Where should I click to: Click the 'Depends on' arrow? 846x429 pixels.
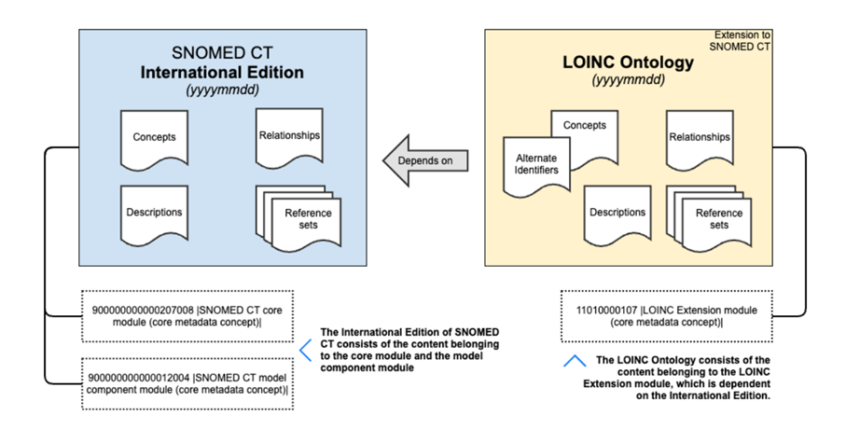tap(425, 160)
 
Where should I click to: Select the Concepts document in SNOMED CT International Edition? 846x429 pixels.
tap(154, 140)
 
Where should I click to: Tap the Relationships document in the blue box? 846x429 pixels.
tap(289, 138)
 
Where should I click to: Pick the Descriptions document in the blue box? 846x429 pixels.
tap(154, 215)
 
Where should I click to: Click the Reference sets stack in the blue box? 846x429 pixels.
tap(298, 218)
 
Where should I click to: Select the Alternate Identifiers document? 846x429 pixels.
tap(536, 167)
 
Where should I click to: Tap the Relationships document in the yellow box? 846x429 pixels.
tap(700, 140)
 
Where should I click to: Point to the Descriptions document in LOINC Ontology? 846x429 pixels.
tap(617, 215)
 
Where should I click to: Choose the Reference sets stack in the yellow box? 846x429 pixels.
tap(709, 218)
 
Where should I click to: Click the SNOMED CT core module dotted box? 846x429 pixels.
tap(187, 316)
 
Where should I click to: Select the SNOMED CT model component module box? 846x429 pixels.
tap(187, 383)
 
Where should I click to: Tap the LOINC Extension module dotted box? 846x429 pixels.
tap(666, 316)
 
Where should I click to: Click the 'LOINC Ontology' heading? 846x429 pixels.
tap(628, 62)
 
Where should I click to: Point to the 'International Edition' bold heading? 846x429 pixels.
tap(222, 73)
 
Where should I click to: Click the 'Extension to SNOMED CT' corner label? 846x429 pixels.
tap(740, 41)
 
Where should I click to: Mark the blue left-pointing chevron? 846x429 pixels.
tap(305, 351)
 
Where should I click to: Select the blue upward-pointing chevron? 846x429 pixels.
tap(575, 361)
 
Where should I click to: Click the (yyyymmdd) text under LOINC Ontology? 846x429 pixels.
tap(628, 80)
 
